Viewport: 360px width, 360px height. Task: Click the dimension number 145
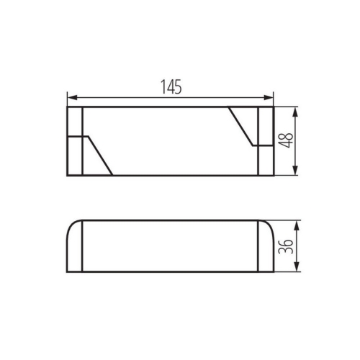tap(171, 86)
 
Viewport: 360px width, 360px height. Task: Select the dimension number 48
tap(287, 140)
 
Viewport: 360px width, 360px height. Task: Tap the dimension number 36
tap(287, 247)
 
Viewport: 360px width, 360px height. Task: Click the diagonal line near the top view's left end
tap(99, 154)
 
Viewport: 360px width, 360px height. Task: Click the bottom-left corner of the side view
tap(67, 273)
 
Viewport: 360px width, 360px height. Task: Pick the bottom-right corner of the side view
tap(274, 273)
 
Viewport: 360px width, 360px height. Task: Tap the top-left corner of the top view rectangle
tap(67, 107)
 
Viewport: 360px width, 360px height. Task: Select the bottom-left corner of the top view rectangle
tap(67, 174)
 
